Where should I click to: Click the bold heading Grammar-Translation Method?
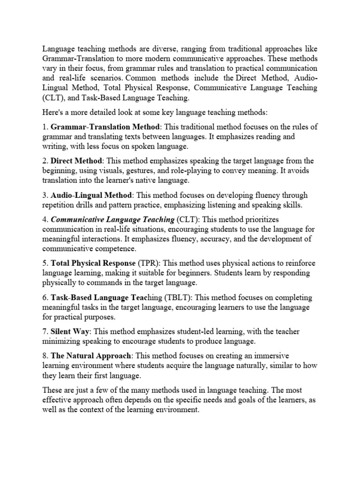pyautogui.click(x=105, y=127)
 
